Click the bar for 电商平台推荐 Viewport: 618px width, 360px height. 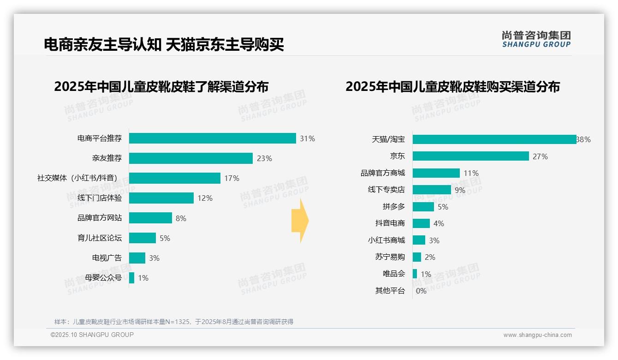tap(212, 138)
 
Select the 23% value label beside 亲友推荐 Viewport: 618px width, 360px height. tap(264, 158)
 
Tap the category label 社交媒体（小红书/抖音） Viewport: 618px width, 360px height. tap(79, 178)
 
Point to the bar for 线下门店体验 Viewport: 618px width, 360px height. tap(161, 198)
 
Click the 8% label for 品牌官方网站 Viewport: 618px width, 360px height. tap(181, 218)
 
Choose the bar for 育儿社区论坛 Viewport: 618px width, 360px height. tap(142, 238)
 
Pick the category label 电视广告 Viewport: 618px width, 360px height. tap(107, 258)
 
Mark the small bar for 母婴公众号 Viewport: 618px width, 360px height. tap(131, 278)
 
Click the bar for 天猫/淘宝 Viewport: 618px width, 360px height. tap(494, 139)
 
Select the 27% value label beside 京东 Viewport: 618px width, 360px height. tap(540, 156)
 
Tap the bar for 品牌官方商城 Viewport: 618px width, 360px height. tap(436, 173)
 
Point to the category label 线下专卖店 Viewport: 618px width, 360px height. tap(386, 190)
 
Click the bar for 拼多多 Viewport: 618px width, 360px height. tap(423, 207)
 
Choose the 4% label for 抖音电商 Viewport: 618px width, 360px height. tap(439, 223)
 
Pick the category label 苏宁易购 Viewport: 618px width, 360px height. tap(390, 257)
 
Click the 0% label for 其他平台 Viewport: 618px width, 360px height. tap(421, 291)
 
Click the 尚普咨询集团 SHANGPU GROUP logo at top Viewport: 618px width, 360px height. tap(536, 39)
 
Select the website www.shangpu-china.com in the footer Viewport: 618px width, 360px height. tap(537, 335)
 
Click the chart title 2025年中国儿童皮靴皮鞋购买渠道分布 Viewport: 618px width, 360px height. tap(452, 87)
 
